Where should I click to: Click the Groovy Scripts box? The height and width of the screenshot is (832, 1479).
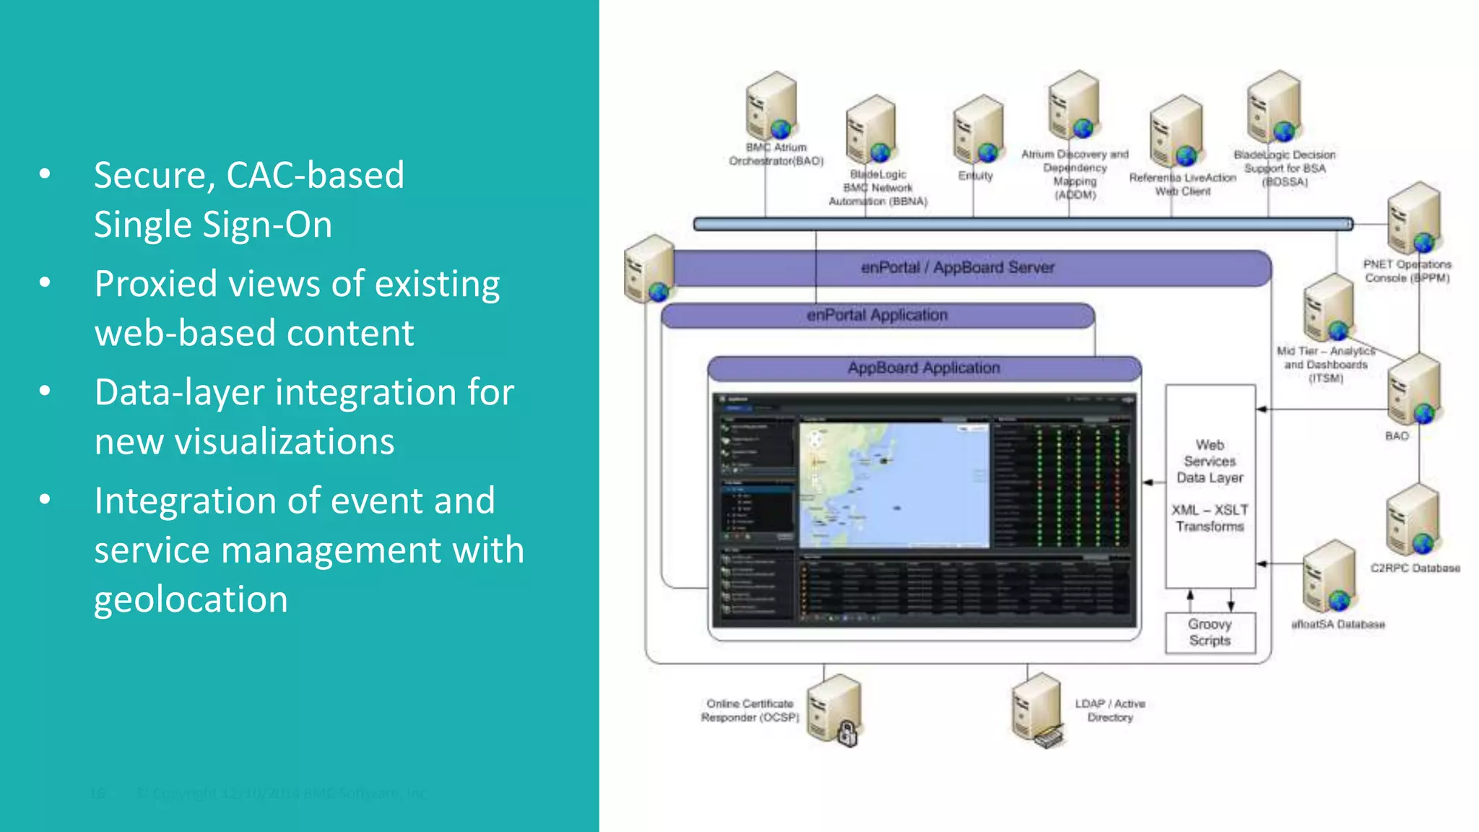[x=1210, y=633]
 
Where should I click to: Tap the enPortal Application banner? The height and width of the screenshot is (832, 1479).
[x=877, y=316]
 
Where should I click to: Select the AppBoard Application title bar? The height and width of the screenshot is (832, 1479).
[x=924, y=368]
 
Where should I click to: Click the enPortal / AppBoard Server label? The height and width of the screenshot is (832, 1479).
[x=958, y=268]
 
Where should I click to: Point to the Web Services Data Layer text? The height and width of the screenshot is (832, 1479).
[x=1210, y=461]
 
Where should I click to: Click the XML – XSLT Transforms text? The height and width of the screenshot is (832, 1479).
[x=1210, y=518]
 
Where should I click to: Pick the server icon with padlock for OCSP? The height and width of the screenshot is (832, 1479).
[x=834, y=711]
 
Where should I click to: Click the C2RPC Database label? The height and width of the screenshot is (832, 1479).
[x=1415, y=568]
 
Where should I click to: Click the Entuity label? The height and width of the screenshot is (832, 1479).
[x=975, y=175]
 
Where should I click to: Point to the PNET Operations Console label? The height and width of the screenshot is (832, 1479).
[x=1407, y=271]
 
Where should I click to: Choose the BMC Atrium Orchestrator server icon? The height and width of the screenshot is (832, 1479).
[x=771, y=107]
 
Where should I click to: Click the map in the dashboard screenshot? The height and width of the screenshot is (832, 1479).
[x=894, y=485]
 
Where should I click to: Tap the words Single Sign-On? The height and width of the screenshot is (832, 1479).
[x=213, y=225]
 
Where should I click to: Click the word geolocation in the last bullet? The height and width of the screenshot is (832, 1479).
[x=191, y=599]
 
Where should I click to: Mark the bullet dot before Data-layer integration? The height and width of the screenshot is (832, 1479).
[x=45, y=391]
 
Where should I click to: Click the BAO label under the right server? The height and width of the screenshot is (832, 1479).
[x=1397, y=436]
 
